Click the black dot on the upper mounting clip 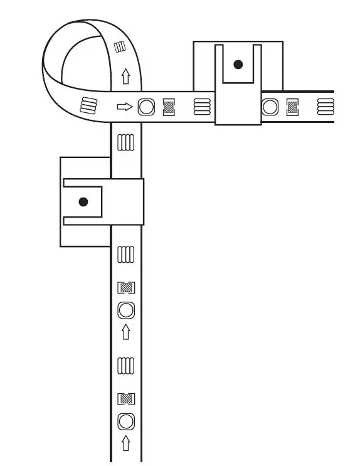238,65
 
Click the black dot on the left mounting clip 83,202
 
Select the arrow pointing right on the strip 125,107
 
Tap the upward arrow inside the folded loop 125,77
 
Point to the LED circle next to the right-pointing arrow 146,107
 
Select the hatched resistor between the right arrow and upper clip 169,107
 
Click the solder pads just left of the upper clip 201,107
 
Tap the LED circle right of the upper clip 270,107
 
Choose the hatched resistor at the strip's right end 292,107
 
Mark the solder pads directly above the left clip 126,142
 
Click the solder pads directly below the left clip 126,254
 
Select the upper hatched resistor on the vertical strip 126,288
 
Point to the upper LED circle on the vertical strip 126,310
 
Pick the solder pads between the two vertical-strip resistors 126,364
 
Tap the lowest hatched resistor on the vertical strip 126,398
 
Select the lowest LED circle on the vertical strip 126,420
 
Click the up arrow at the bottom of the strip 126,443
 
